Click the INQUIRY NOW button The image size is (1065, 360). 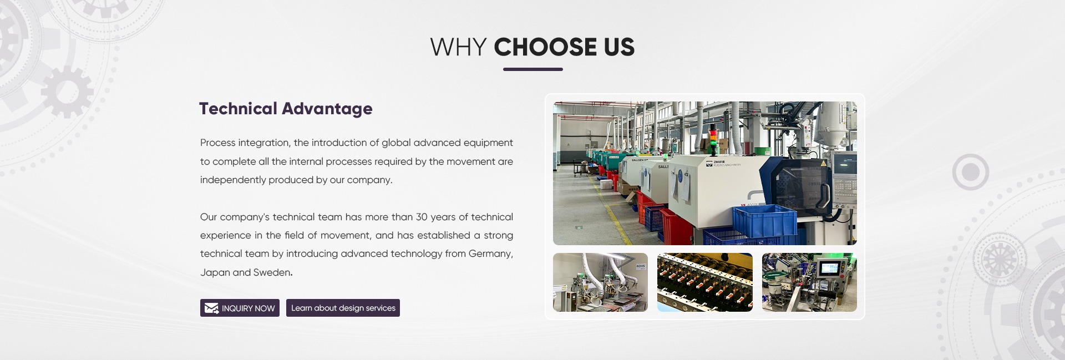click(x=240, y=308)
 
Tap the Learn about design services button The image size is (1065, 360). click(x=343, y=308)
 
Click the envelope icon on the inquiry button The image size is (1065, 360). click(x=211, y=308)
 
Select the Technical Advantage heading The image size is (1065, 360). click(x=286, y=109)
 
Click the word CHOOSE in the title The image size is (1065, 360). click(x=545, y=47)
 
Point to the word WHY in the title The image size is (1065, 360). click(x=458, y=47)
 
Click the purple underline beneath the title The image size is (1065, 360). click(x=533, y=69)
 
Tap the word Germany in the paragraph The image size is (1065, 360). click(x=490, y=254)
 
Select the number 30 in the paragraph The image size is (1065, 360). click(x=422, y=217)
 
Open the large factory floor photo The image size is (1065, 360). click(x=704, y=173)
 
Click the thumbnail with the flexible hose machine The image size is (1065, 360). click(x=600, y=282)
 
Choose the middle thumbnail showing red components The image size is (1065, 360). click(x=704, y=282)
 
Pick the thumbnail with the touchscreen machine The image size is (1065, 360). click(x=809, y=282)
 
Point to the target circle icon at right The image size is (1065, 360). click(x=971, y=173)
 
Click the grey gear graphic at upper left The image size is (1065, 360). click(x=67, y=92)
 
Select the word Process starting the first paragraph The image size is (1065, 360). click(x=217, y=143)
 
